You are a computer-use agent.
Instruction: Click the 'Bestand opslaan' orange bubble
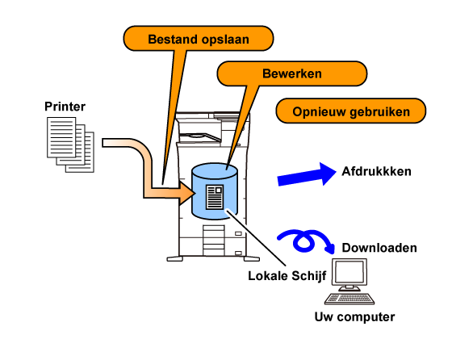pos(199,39)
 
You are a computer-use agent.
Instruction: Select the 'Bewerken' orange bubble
pos(291,73)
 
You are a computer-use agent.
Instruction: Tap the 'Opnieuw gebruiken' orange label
pos(351,111)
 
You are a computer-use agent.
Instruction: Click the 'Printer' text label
pos(65,107)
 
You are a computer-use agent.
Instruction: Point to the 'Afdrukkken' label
pos(376,171)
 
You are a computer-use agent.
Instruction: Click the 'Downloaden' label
pos(379,248)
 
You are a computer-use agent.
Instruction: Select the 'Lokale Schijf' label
pos(287,276)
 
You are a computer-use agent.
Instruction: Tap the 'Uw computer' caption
pos(354,317)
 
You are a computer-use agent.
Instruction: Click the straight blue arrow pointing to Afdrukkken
pos(307,174)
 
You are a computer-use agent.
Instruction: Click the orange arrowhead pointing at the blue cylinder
pos(186,193)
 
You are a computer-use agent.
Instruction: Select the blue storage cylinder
pos(215,191)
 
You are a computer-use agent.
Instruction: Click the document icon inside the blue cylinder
pos(215,197)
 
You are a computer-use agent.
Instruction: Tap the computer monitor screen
pos(349,272)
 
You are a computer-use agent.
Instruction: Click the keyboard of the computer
pos(349,299)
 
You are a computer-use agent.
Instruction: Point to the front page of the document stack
pos(61,137)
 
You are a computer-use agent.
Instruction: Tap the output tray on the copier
pos(199,137)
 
